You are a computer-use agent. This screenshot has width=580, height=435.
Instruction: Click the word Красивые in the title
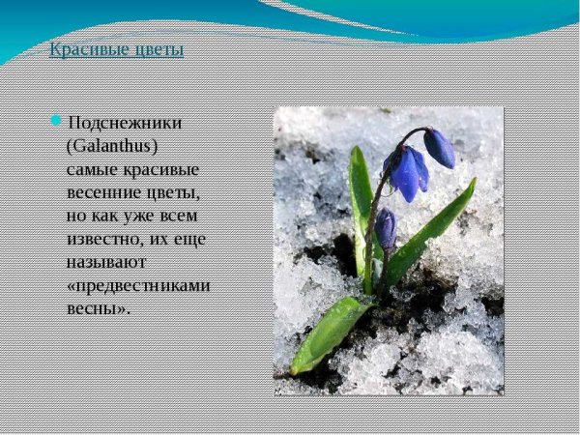click(x=83, y=49)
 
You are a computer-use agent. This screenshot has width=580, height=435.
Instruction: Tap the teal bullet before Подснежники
click(x=57, y=120)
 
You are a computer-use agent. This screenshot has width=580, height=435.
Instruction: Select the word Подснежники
click(x=125, y=123)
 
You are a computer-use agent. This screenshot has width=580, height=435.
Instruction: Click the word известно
click(x=104, y=238)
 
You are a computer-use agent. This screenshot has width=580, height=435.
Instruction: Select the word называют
click(x=103, y=261)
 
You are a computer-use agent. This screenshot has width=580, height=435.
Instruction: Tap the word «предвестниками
click(x=138, y=284)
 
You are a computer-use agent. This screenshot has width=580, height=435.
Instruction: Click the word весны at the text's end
click(x=96, y=307)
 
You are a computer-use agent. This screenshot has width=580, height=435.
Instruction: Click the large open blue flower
click(x=406, y=171)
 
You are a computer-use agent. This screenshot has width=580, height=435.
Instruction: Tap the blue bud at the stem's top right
click(x=439, y=148)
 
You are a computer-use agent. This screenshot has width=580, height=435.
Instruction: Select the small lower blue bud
click(x=386, y=230)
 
